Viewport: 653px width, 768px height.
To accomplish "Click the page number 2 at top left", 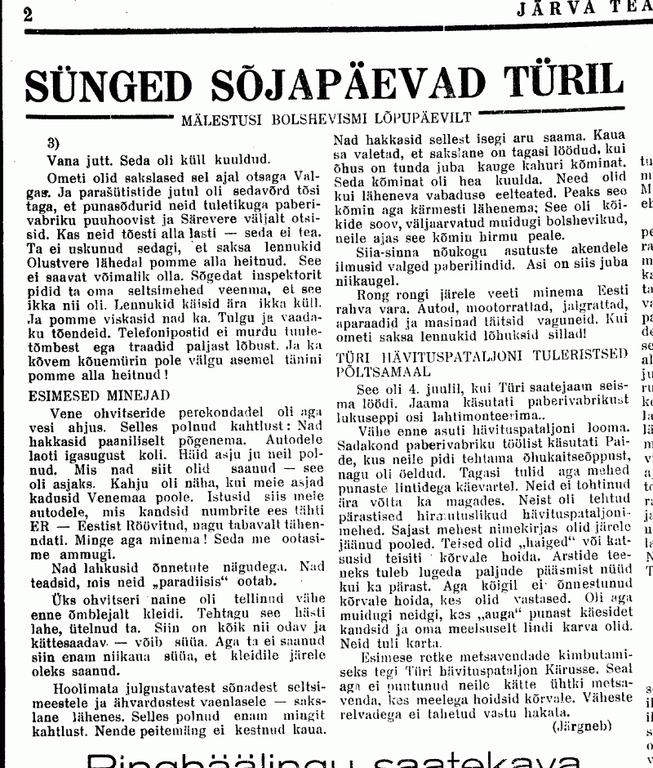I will click(29, 14).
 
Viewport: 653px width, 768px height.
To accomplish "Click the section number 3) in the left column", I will click(53, 141).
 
